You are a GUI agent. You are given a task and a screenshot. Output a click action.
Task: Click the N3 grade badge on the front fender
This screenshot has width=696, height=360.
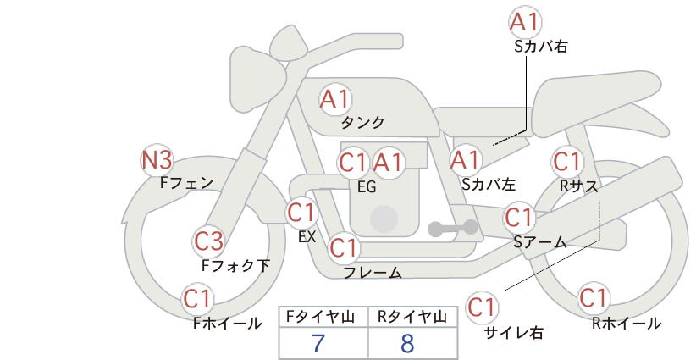click(157, 159)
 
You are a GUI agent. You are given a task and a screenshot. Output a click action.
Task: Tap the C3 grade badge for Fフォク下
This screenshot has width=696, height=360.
click(208, 241)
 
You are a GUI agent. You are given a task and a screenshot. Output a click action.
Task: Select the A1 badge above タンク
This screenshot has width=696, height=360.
click(334, 99)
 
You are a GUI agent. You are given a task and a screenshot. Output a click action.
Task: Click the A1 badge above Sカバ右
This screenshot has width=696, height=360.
click(525, 21)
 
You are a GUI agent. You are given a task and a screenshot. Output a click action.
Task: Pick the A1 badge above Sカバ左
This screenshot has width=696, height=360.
click(465, 159)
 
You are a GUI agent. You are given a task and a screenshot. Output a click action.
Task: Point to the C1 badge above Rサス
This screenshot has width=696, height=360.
click(566, 161)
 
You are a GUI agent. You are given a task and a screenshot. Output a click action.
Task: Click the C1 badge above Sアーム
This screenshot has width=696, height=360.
click(519, 218)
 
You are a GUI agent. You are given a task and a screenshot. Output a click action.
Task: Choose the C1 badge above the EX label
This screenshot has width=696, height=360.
click(302, 212)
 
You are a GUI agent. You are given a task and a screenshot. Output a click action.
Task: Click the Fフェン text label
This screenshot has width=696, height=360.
click(186, 181)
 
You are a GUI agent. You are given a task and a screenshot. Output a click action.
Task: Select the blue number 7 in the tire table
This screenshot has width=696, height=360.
click(318, 343)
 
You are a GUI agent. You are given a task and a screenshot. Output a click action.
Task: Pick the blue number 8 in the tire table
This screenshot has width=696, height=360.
click(408, 343)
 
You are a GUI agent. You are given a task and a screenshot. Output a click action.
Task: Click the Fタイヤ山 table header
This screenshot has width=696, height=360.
click(323, 316)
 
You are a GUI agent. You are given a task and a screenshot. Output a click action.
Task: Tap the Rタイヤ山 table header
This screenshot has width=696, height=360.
click(412, 316)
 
